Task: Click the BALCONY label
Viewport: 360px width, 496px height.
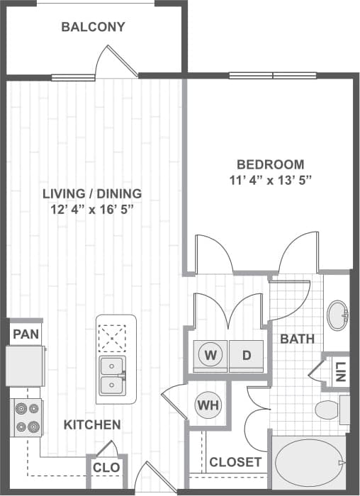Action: pos(93,28)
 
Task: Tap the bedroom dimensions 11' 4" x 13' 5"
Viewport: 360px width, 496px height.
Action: pos(270,179)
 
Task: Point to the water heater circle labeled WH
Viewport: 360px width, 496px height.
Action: pos(206,405)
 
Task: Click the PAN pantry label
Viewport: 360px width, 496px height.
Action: pos(25,333)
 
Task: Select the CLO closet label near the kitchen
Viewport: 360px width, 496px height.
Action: pos(106,468)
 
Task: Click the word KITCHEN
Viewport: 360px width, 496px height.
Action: pos(92,425)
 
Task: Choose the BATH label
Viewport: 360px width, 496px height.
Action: pos(298,339)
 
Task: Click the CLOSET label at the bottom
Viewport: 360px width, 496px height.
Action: pos(235,463)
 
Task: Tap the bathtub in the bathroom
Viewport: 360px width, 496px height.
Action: pos(309,463)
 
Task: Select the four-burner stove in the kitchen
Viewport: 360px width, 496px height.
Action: pos(28,417)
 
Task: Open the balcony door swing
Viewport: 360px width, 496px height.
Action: pos(117,64)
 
